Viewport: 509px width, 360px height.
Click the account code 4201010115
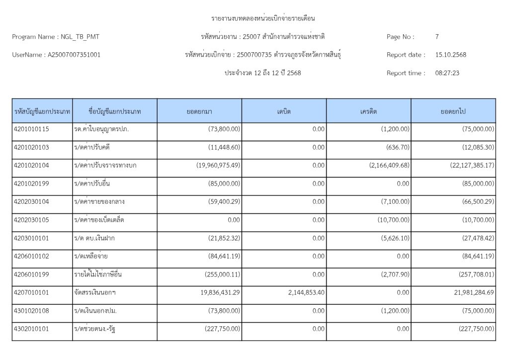pos(31,129)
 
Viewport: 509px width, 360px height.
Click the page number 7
pos(437,37)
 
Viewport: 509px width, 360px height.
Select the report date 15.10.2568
pos(450,55)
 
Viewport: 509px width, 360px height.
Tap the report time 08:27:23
pos(447,73)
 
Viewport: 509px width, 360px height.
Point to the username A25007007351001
pos(74,55)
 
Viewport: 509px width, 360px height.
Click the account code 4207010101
pos(31,293)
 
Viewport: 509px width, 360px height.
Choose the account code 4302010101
pos(31,329)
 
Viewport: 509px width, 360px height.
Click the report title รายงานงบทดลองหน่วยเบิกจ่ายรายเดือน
pos(263,19)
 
